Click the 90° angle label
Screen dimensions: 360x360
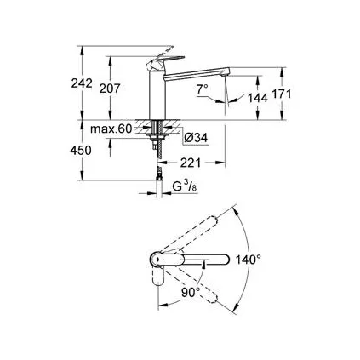(x=191, y=292)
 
